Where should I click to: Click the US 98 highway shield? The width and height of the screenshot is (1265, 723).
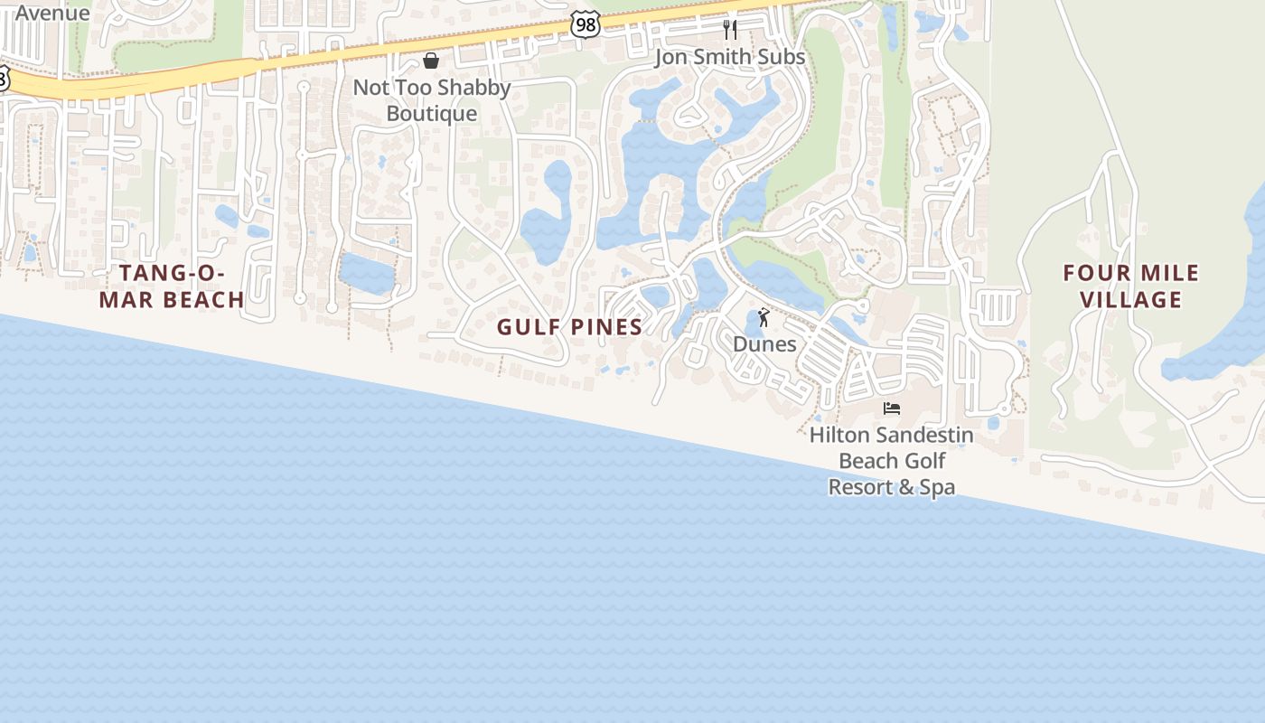point(586,24)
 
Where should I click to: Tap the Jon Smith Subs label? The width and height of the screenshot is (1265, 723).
point(729,57)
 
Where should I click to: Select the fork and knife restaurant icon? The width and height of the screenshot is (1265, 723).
point(730,30)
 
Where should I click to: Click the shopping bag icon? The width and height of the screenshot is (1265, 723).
point(431,61)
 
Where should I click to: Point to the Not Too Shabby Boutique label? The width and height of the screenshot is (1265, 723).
point(432,100)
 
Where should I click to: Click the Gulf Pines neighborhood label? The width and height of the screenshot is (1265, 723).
point(569,327)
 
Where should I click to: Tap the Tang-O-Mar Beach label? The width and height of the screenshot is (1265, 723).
point(171,286)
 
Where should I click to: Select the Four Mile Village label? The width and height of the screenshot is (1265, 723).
point(1131,286)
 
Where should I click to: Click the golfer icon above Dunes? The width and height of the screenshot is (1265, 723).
point(764,318)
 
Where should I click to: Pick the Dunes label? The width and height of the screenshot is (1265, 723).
point(764,344)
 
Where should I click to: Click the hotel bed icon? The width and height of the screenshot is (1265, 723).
point(892,408)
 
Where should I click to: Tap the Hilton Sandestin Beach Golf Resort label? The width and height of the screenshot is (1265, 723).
point(892,461)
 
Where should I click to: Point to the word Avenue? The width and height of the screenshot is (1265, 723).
point(52,13)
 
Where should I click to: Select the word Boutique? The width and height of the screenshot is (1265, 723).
point(432,113)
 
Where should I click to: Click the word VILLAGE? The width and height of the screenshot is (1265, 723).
point(1131,299)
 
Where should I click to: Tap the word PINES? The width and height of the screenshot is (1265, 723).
point(604,327)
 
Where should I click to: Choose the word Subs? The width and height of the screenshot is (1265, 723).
point(782,57)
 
